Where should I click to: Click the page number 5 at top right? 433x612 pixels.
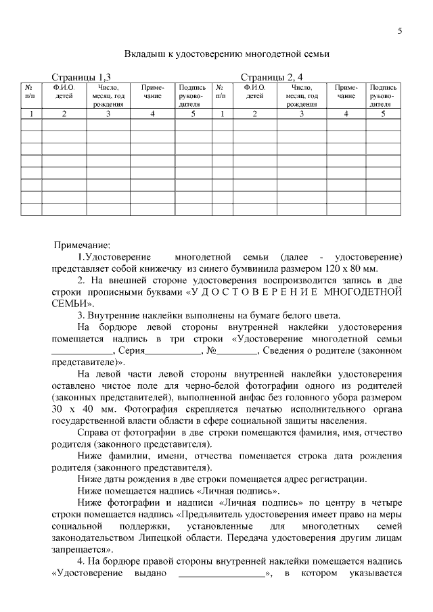coord(400,31)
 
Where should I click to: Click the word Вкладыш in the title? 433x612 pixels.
coord(144,53)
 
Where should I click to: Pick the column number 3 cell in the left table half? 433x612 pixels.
coord(108,114)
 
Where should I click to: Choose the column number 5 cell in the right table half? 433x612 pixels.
coord(383,114)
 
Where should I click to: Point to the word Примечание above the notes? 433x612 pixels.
coord(82,245)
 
